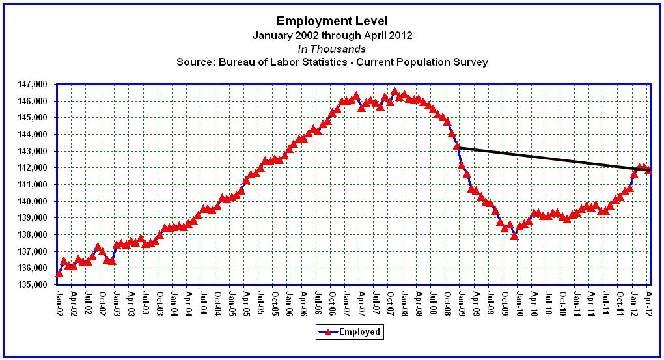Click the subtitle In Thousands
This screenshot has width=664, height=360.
click(x=332, y=49)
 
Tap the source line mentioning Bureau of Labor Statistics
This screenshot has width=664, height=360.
click(x=332, y=62)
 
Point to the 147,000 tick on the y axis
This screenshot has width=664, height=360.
click(x=35, y=85)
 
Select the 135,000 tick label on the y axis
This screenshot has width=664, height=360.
click(x=35, y=285)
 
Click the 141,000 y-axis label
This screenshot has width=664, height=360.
click(x=35, y=185)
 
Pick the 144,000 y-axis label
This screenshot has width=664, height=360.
click(x=35, y=135)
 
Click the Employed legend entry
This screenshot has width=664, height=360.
click(x=348, y=332)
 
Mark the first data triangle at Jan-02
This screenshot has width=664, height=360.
click(x=59, y=273)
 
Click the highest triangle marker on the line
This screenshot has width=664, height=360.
click(x=394, y=91)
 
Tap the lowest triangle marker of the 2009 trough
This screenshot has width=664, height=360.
click(x=514, y=235)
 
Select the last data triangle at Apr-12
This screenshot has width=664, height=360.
click(x=648, y=171)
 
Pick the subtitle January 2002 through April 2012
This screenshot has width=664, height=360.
click(x=332, y=35)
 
